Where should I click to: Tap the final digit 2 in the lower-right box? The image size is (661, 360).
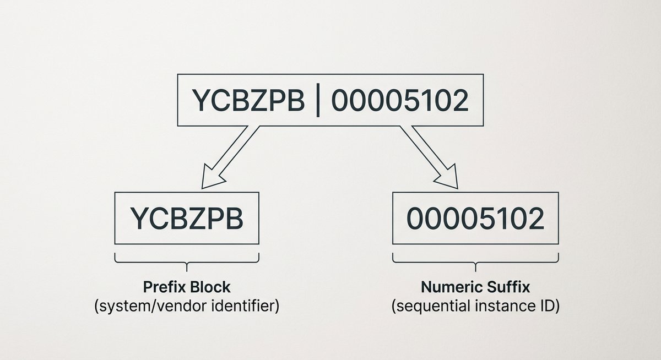pos(534,220)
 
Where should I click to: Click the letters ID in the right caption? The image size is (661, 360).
pos(548,306)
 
